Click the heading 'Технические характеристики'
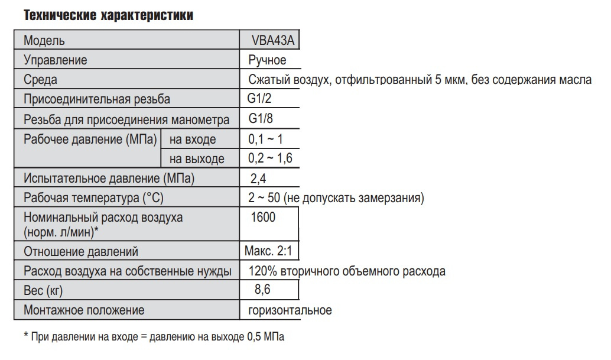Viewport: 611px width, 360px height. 108,16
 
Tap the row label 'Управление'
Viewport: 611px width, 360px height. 56,60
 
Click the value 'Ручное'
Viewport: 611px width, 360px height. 267,60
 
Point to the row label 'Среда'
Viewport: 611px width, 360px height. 40,80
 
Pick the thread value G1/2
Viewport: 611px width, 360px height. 261,99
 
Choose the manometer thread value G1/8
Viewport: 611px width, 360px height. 261,118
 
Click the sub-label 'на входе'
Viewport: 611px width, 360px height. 193,140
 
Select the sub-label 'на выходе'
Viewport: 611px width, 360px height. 197,159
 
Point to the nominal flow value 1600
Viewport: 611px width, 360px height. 263,218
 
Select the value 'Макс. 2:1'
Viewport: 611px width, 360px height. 268,251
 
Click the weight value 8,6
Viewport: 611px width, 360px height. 263,290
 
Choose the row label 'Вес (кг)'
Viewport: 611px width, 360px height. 43,291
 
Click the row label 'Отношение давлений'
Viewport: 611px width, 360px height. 81,252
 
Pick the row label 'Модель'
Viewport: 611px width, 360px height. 44,41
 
